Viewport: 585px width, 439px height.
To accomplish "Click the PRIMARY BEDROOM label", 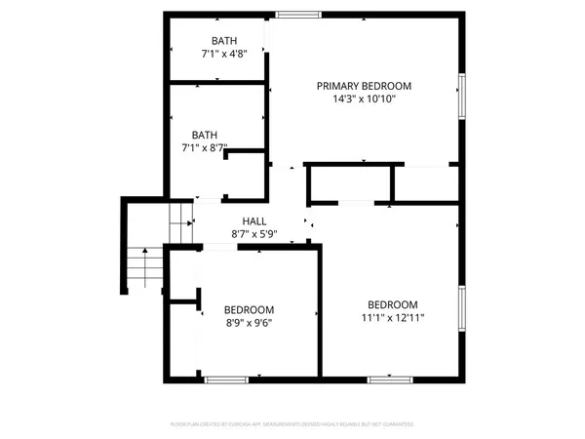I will point(364,86).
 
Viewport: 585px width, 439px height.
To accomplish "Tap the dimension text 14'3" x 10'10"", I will point(364,99).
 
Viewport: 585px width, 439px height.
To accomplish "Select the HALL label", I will point(254,221).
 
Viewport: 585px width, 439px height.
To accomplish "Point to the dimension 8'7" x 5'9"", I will point(254,234).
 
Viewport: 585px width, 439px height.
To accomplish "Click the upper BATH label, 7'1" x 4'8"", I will point(224,40).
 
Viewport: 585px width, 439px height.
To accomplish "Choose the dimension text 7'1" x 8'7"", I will point(205,148).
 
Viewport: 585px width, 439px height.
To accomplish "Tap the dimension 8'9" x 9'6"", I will point(249,322).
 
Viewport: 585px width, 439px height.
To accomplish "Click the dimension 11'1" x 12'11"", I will point(393,316).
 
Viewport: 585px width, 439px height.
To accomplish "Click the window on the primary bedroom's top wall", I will point(297,15).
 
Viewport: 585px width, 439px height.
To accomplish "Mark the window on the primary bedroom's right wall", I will point(462,99).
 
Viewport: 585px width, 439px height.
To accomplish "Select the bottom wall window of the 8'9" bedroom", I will point(225,378).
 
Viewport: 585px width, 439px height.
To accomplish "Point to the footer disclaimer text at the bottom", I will point(292,424).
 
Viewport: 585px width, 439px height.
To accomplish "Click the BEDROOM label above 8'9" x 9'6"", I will point(249,309).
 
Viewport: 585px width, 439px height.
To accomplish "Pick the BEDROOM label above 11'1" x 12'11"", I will point(393,303).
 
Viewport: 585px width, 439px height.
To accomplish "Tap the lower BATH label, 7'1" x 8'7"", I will point(205,135).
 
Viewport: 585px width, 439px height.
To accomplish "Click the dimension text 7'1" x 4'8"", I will point(224,54).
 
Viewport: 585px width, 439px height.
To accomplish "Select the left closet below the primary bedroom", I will point(349,183).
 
